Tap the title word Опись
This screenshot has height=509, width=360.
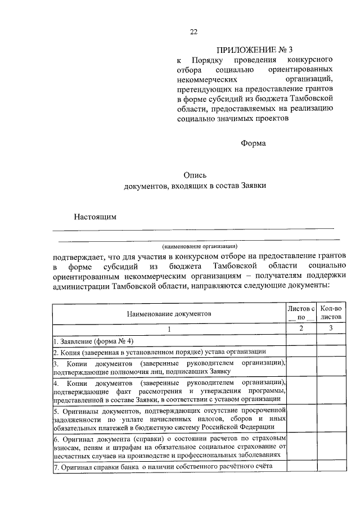[195, 175]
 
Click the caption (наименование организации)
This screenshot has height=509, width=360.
[200, 246]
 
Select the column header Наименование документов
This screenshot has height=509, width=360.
[169, 314]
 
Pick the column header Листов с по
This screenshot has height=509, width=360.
[301, 313]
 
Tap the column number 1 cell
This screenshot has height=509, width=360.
[169, 328]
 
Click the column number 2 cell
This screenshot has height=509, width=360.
[301, 328]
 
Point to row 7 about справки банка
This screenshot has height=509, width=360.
[163, 466]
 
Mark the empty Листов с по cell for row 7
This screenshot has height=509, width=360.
[301, 466]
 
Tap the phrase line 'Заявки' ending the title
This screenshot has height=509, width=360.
[254, 186]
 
